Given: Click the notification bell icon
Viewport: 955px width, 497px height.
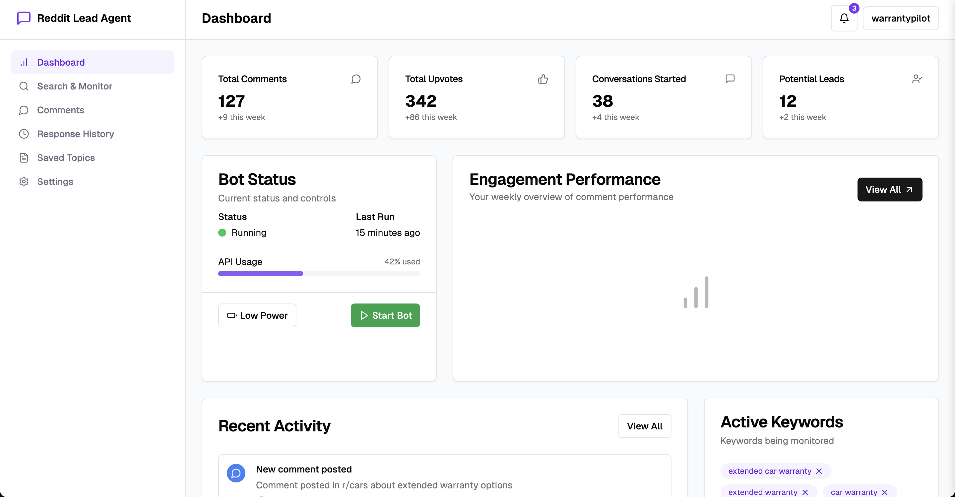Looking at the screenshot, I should click(844, 18).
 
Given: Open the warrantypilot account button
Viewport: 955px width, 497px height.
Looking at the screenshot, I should click(901, 18).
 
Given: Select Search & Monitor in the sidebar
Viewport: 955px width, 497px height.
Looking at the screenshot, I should click(75, 86).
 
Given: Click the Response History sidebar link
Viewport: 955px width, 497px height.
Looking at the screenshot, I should click(75, 134).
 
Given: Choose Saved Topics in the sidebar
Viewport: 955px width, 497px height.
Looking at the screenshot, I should click(66, 158).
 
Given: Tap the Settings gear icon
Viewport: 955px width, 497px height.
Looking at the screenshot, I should click(24, 182).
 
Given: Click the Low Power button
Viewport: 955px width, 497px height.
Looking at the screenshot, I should click(257, 315).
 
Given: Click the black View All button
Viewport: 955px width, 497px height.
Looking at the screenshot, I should click(889, 190).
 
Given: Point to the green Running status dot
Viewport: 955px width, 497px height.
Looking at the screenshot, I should click(222, 233).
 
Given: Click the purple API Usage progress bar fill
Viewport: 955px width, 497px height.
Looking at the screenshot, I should click(260, 274).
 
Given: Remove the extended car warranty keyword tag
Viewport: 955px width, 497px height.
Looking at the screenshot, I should click(819, 471).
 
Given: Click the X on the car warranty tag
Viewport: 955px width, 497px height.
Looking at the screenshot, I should click(885, 492).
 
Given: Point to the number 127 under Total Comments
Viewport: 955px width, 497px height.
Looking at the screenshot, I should click(231, 101).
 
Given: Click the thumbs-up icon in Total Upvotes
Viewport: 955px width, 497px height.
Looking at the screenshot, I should click(543, 79).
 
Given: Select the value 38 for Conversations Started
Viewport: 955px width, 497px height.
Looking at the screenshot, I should click(603, 101).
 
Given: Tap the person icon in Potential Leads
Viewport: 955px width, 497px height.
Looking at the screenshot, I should click(917, 79).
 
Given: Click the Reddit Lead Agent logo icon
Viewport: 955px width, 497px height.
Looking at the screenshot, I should click(24, 18).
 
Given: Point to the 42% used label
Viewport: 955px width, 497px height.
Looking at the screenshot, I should click(402, 261).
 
